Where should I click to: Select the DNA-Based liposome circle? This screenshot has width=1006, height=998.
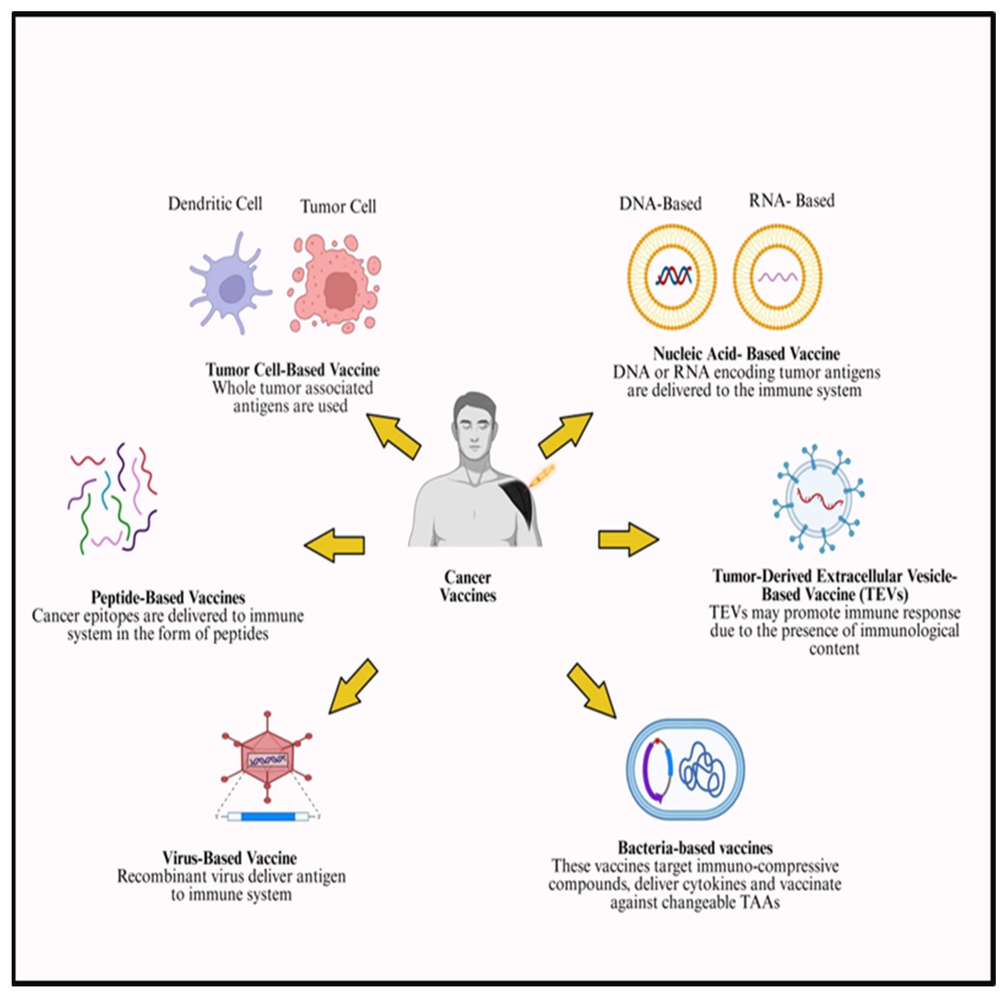672,277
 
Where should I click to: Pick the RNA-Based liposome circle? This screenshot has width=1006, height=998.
777,277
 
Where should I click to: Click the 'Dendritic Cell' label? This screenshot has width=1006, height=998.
215,203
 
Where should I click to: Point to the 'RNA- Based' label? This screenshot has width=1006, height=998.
791,200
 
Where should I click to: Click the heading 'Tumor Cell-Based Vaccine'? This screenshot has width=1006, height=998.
293,370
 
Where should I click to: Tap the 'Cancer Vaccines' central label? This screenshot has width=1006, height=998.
468,586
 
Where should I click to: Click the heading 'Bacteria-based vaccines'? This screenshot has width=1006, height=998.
695,848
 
